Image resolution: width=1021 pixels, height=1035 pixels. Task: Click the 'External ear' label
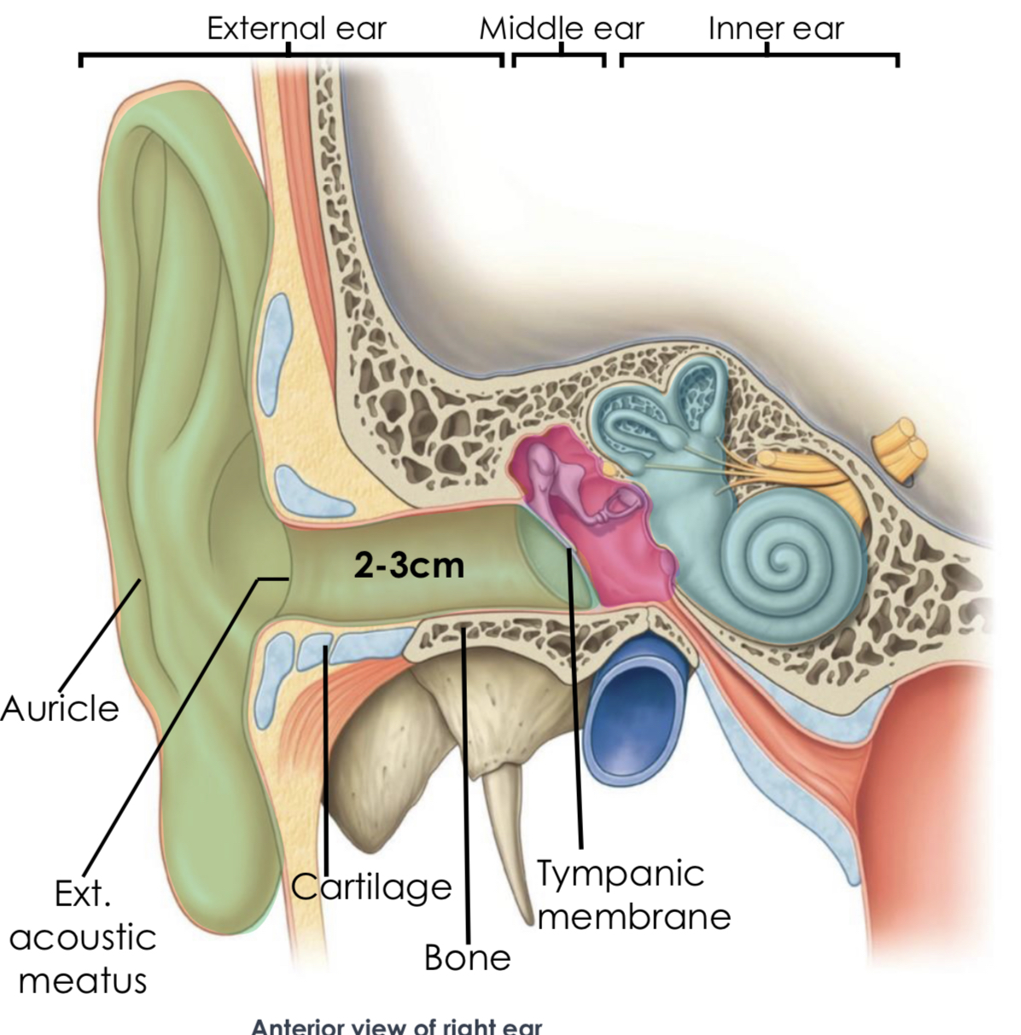pos(296,28)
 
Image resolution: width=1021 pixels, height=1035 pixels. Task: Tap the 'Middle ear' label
pos(561,28)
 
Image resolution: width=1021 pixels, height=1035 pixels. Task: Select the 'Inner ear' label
pos(775,28)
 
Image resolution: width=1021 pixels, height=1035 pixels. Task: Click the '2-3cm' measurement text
pos(410,565)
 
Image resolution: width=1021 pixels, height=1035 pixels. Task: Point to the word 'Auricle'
pos(60,708)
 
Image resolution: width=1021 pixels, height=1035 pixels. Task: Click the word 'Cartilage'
pos(371,887)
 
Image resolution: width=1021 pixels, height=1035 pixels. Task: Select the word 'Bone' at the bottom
pos(467,957)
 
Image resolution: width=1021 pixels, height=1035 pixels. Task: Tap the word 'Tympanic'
pos(621,873)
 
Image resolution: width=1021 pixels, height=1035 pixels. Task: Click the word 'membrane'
pos(635,916)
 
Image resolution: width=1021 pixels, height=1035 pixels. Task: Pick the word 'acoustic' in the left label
pos(83,937)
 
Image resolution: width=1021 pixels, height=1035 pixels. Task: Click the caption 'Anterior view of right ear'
pos(396,1026)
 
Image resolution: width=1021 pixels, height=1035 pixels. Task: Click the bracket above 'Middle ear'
pos(559,58)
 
